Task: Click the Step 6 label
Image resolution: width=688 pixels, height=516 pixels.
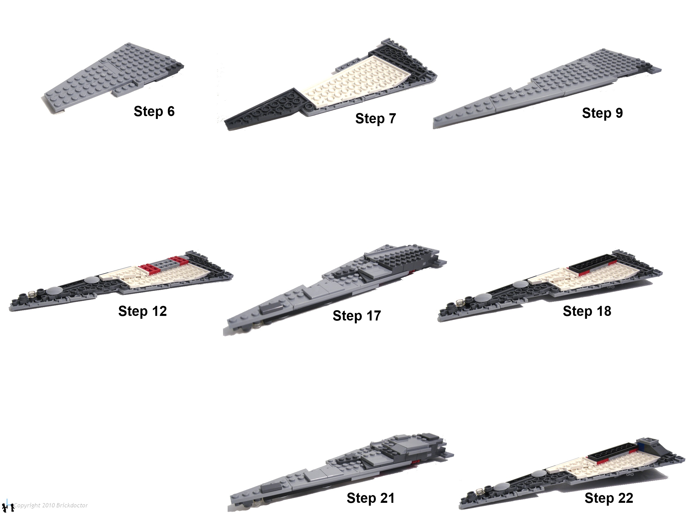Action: pyautogui.click(x=154, y=111)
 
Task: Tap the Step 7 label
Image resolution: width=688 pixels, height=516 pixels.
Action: pyautogui.click(x=376, y=118)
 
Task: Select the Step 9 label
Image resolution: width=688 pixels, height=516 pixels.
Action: pyautogui.click(x=603, y=113)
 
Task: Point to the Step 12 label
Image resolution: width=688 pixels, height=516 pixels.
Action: pyautogui.click(x=142, y=311)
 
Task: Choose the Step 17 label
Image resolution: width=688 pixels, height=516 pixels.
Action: pyautogui.click(x=357, y=316)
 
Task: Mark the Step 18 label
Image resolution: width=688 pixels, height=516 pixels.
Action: pyautogui.click(x=587, y=311)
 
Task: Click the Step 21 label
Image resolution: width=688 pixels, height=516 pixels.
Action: pyautogui.click(x=370, y=498)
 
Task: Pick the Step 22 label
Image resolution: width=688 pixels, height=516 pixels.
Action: pyautogui.click(x=609, y=498)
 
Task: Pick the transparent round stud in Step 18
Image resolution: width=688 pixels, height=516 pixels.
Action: pyautogui.click(x=460, y=302)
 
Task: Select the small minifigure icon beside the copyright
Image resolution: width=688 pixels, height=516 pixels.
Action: pyautogui.click(x=8, y=508)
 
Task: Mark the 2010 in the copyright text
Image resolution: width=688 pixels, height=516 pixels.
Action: pyautogui.click(x=48, y=505)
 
